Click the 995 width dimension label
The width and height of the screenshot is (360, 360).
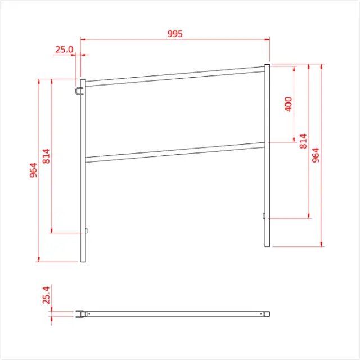tap(175, 34)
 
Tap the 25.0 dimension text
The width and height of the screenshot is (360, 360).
tap(64, 49)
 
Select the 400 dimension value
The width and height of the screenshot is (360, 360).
tap(289, 105)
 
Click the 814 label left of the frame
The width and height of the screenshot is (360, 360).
tap(46, 156)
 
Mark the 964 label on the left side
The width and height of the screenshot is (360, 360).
tap(33, 169)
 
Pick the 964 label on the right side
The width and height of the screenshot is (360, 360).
tap(316, 156)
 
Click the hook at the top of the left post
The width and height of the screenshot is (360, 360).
tap(78, 91)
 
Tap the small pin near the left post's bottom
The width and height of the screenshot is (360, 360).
tap(87, 231)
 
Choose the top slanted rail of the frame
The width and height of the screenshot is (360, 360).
tap(174, 76)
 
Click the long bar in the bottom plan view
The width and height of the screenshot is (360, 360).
tap(174, 313)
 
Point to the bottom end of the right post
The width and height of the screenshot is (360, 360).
tap(267, 245)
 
